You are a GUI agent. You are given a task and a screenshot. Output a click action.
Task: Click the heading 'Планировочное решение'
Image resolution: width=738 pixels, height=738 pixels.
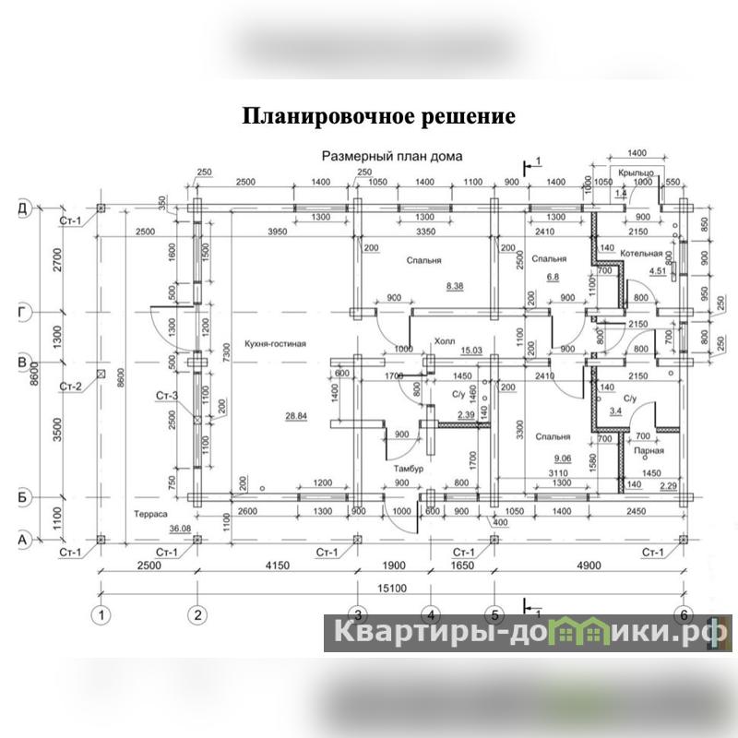378,117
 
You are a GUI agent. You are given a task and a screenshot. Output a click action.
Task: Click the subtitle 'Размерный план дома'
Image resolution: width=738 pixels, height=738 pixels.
391,157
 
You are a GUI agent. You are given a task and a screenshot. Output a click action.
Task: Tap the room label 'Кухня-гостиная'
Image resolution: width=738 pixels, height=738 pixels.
275,344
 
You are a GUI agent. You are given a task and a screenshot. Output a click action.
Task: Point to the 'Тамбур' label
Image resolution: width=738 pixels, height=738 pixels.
408,469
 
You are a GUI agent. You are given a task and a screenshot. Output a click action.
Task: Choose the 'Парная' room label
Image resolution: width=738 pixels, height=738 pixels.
649,452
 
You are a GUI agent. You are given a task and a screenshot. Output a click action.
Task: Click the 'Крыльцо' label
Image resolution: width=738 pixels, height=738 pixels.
637,173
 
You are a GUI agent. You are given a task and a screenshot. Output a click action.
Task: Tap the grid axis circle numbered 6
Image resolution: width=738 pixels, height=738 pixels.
684,613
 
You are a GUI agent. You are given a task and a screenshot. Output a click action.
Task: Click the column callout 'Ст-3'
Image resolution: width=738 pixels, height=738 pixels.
166,397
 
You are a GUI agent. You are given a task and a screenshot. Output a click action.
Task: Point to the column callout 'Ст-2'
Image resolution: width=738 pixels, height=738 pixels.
70,385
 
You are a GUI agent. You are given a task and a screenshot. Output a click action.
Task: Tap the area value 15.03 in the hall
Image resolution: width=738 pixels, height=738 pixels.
471,351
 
